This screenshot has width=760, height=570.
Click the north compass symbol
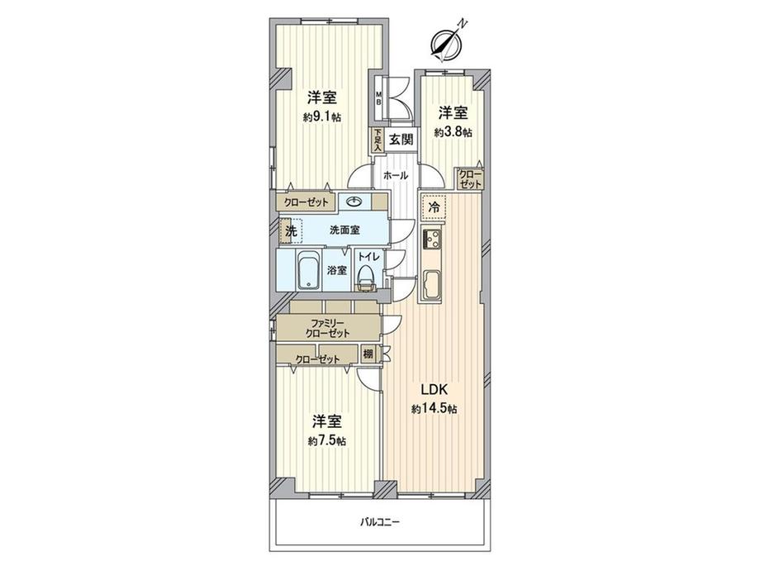[x=447, y=44]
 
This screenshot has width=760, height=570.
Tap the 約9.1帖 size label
[x=321, y=117]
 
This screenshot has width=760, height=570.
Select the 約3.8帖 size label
[x=454, y=132]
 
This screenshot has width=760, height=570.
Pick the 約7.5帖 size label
[x=327, y=440]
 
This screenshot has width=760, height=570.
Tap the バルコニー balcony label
[x=380, y=522]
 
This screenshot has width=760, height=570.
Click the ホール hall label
[x=395, y=176]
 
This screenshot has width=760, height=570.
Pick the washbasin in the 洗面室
[x=354, y=202]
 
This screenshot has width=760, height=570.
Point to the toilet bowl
[x=365, y=278]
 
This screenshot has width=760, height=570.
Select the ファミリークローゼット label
[x=328, y=327]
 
